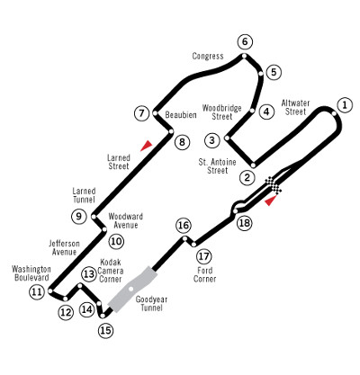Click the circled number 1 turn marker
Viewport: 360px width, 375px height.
[345, 105]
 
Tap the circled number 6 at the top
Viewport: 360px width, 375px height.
[245, 41]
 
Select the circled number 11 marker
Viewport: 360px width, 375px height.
[37, 292]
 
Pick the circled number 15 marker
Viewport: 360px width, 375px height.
[106, 330]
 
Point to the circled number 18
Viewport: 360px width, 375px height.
[245, 223]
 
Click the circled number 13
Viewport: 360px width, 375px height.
[89, 274]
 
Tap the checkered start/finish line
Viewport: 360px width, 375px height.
[274, 185]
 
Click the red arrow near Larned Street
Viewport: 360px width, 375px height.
[147, 145]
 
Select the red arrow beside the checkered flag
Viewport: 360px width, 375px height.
[271, 201]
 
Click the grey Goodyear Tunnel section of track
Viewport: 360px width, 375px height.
[132, 289]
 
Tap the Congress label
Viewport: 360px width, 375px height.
[208, 56]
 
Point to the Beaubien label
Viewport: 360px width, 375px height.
[181, 115]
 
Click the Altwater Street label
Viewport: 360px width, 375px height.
[295, 107]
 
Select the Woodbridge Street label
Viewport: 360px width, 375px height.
[222, 112]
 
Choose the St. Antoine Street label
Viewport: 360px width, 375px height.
[218, 166]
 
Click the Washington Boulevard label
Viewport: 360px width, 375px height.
[31, 273]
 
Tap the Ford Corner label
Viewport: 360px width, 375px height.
[205, 274]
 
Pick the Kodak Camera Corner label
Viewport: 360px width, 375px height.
[110, 271]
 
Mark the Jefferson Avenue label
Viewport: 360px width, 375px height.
[64, 247]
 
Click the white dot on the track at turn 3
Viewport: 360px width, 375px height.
[227, 138]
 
